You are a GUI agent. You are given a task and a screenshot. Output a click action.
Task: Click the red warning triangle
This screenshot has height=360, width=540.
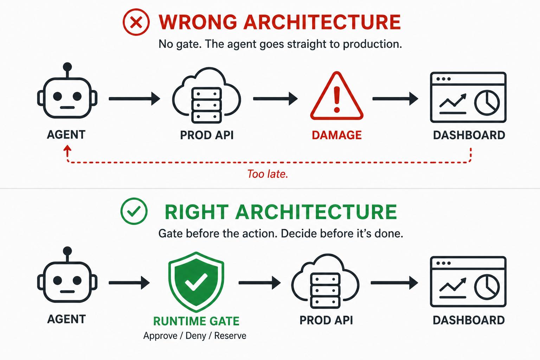337,96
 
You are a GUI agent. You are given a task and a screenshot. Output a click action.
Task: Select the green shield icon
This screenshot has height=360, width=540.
196,282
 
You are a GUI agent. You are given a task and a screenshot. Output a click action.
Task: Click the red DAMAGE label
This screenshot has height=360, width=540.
337,135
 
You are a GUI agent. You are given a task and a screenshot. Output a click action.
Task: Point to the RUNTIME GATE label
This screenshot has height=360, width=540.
196,321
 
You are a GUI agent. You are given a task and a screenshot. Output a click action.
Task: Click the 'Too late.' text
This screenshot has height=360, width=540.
268,174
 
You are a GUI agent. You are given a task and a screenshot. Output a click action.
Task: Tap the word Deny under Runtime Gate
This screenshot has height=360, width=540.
196,336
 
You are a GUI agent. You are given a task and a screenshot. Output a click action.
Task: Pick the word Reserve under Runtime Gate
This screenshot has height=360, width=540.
230,336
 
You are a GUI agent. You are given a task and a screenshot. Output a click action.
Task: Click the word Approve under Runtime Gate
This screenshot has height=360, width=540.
160,336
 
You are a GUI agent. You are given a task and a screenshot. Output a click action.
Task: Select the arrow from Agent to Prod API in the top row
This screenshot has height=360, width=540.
135,99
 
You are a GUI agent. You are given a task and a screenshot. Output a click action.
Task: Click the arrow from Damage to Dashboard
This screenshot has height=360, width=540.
396,99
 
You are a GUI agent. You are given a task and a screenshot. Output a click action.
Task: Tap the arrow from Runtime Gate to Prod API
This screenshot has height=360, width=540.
260,283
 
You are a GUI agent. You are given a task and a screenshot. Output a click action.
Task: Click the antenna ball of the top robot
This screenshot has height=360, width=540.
67,67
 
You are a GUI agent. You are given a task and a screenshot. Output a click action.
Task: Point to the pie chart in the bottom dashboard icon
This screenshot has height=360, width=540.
487,287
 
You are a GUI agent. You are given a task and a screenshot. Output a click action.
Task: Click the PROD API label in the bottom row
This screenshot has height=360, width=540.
326,320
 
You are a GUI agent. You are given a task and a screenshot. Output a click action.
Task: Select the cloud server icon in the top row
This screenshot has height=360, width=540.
207,95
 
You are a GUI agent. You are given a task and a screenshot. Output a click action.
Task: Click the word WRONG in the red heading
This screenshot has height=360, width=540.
198,22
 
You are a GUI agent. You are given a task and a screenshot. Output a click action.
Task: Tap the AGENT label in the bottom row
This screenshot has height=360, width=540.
66,319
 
